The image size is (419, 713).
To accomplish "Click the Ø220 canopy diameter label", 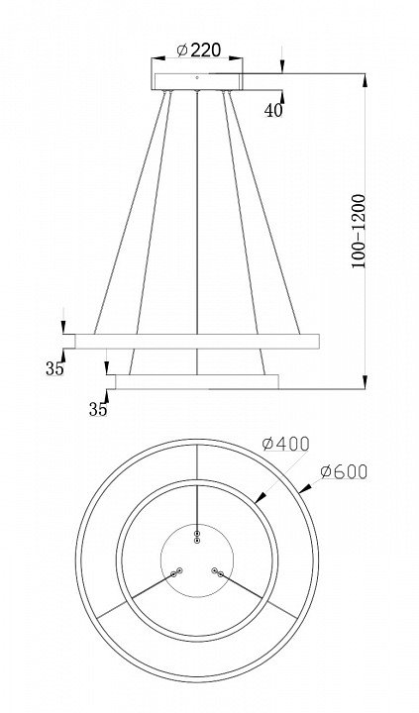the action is (199, 50).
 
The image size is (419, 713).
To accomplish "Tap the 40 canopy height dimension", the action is (273, 111).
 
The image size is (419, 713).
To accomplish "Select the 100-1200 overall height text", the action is (359, 231).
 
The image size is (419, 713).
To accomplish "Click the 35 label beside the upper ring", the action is (54, 368).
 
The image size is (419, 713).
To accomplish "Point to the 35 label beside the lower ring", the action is (98, 409).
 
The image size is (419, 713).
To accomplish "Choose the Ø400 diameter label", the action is (286, 444).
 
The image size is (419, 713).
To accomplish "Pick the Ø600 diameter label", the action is (344, 472).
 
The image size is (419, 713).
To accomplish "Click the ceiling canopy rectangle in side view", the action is (197, 81).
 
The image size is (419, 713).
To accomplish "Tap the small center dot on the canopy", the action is (197, 78).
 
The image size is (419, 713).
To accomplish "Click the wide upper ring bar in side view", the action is (197, 341).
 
